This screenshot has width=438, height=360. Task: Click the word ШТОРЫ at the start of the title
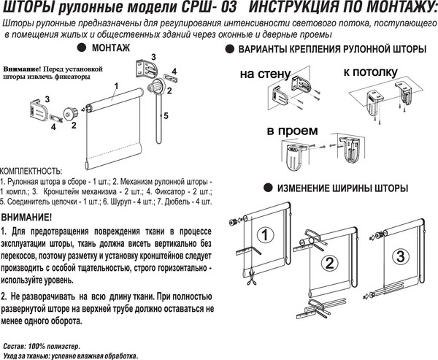click(x=26, y=8)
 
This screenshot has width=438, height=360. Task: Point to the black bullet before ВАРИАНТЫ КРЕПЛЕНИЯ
click(x=230, y=50)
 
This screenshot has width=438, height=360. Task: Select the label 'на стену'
click(x=262, y=74)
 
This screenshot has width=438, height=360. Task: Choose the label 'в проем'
click(x=291, y=131)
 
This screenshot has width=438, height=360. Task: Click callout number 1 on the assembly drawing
click(x=115, y=86)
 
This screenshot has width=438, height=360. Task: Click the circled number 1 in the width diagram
click(x=267, y=234)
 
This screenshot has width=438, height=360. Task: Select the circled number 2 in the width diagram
click(x=330, y=264)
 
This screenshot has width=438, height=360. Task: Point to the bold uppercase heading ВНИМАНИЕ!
click(x=27, y=218)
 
